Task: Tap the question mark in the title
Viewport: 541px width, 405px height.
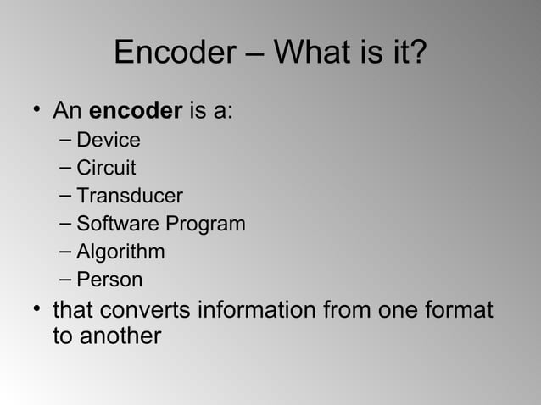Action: pos(417,53)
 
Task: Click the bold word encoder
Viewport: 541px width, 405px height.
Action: pos(136,111)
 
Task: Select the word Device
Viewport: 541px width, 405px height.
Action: pos(109,140)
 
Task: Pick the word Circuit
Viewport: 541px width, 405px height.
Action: pos(106,168)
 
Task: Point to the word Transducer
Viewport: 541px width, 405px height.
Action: pos(129,196)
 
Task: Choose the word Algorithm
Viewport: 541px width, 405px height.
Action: pos(120,252)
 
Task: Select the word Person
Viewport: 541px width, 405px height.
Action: pos(109,280)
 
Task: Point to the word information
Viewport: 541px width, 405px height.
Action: pos(259,310)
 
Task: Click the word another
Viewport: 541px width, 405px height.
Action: pos(119,336)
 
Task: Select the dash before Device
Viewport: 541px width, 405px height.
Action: pos(66,140)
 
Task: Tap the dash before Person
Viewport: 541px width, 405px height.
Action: pos(66,280)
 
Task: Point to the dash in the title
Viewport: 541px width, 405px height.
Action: pos(258,55)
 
